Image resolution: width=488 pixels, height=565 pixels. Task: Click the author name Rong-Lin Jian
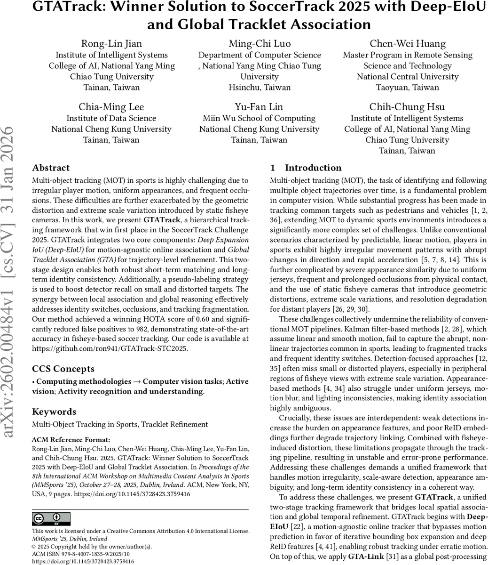click(x=111, y=44)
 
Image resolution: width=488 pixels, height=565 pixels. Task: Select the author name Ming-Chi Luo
click(x=260, y=44)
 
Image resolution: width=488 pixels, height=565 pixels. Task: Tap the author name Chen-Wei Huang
click(x=407, y=44)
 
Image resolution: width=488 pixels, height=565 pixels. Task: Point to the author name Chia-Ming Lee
click(x=111, y=106)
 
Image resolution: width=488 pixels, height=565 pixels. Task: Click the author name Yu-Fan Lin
click(x=260, y=106)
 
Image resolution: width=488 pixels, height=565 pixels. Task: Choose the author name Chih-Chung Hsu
click(x=407, y=106)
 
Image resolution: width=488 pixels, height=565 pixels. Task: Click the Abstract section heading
click(x=51, y=168)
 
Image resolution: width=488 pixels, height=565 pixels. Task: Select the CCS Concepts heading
click(x=63, y=369)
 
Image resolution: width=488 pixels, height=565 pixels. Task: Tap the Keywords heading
click(x=54, y=412)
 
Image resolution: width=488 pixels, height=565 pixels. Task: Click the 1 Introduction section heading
click(x=306, y=168)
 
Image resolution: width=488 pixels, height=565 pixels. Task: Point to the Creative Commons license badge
click(x=51, y=519)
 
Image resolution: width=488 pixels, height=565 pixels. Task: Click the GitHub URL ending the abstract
click(x=109, y=349)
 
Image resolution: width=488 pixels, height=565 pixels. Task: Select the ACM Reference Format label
click(x=71, y=440)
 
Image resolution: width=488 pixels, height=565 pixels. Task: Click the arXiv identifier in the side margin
click(x=11, y=282)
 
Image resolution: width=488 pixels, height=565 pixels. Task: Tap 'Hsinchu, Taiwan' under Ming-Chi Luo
click(x=260, y=88)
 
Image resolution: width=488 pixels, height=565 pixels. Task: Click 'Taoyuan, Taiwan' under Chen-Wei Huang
click(x=407, y=88)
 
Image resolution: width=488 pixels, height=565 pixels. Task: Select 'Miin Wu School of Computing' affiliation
click(x=260, y=118)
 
